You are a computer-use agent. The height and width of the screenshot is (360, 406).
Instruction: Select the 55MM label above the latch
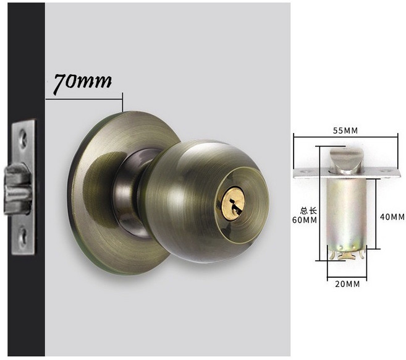point(345,131)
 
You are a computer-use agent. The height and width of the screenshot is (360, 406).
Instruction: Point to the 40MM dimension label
point(392,216)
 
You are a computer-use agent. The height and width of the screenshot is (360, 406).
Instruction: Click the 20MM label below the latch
point(347,284)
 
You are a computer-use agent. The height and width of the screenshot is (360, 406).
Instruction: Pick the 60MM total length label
point(305,220)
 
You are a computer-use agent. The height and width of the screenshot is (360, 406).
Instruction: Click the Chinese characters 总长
point(308,210)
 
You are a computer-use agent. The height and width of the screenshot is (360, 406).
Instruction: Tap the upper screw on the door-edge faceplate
point(23,138)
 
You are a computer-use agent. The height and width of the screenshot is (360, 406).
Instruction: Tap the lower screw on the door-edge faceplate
point(23,237)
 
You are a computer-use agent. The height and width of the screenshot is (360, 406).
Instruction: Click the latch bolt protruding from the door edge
point(17,189)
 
